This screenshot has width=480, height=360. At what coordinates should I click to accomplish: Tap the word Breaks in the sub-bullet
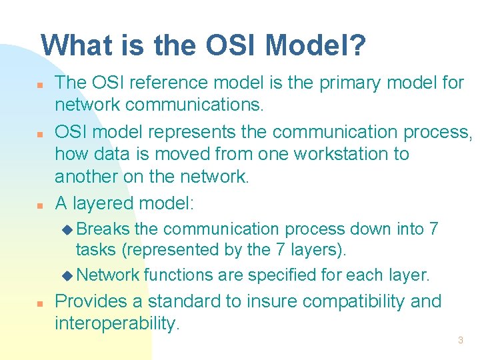[x=103, y=229]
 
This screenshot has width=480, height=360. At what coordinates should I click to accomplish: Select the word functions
[x=174, y=275]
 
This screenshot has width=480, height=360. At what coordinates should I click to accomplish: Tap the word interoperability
[x=117, y=324]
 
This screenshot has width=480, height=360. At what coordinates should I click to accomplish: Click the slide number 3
[x=460, y=341]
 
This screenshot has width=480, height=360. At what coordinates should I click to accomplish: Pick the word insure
[x=271, y=301]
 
